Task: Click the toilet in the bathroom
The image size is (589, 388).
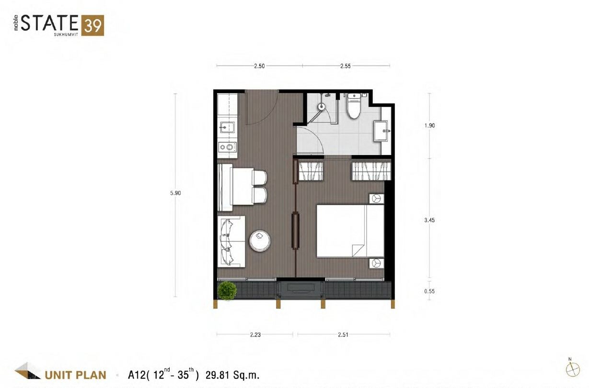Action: [x=354, y=106]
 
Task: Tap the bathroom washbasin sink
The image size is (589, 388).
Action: [x=381, y=131]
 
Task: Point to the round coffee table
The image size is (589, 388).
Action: [x=260, y=241]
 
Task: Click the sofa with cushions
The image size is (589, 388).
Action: [x=231, y=242]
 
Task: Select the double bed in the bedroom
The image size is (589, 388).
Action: [x=350, y=231]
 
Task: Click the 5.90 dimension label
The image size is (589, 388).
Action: [x=175, y=193]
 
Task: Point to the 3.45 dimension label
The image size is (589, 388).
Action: [x=429, y=220]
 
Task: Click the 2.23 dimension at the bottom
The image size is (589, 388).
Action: [x=255, y=335]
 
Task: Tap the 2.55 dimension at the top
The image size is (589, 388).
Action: [x=345, y=66]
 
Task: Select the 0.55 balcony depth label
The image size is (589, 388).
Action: [x=429, y=291]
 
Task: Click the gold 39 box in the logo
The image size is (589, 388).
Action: [x=92, y=25]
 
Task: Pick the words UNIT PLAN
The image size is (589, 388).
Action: [x=75, y=375]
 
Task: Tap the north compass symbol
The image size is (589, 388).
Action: [x=573, y=369]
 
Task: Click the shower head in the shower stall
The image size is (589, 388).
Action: [x=321, y=106]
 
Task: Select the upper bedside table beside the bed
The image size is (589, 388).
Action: [x=377, y=199]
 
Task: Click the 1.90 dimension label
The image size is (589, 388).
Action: [x=429, y=126]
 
